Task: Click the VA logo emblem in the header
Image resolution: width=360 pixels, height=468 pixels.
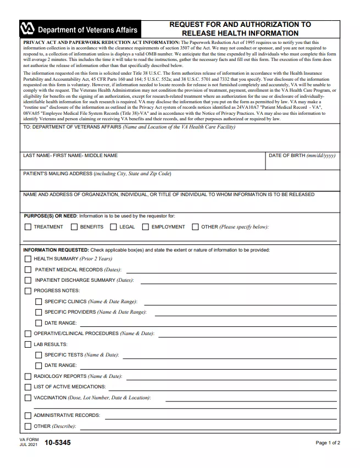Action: tap(27, 29)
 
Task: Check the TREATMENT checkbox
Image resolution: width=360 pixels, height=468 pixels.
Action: tap(27, 227)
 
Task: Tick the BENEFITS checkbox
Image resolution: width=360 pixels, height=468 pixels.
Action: tap(74, 227)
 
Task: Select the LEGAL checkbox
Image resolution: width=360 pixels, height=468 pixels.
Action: tap(113, 227)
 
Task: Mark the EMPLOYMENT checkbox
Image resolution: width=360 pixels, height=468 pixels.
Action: tap(146, 227)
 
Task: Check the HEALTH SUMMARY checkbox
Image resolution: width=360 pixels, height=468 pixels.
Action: tap(27, 259)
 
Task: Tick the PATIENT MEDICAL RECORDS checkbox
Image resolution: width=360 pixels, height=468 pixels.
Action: tap(27, 270)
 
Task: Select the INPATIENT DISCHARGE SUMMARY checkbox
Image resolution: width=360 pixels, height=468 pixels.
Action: tap(27, 280)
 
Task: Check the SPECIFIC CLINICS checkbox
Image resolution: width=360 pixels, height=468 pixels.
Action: tap(38, 302)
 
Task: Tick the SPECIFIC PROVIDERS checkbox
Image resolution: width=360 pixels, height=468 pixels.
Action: tap(38, 312)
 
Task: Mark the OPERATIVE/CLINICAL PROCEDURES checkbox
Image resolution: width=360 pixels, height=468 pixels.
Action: tap(27, 333)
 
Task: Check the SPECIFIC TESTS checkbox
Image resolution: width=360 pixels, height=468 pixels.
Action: tap(38, 355)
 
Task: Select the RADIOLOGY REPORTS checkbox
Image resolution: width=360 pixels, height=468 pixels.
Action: tap(27, 376)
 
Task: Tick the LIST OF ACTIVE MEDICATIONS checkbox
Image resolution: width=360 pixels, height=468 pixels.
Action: tap(27, 387)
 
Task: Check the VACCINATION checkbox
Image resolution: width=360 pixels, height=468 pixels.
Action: tap(27, 398)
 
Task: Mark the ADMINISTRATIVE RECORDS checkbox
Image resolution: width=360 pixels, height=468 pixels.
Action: tap(27, 415)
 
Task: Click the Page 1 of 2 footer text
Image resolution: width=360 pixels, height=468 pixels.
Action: tap(328, 443)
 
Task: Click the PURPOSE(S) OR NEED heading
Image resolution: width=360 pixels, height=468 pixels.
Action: tap(49, 216)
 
